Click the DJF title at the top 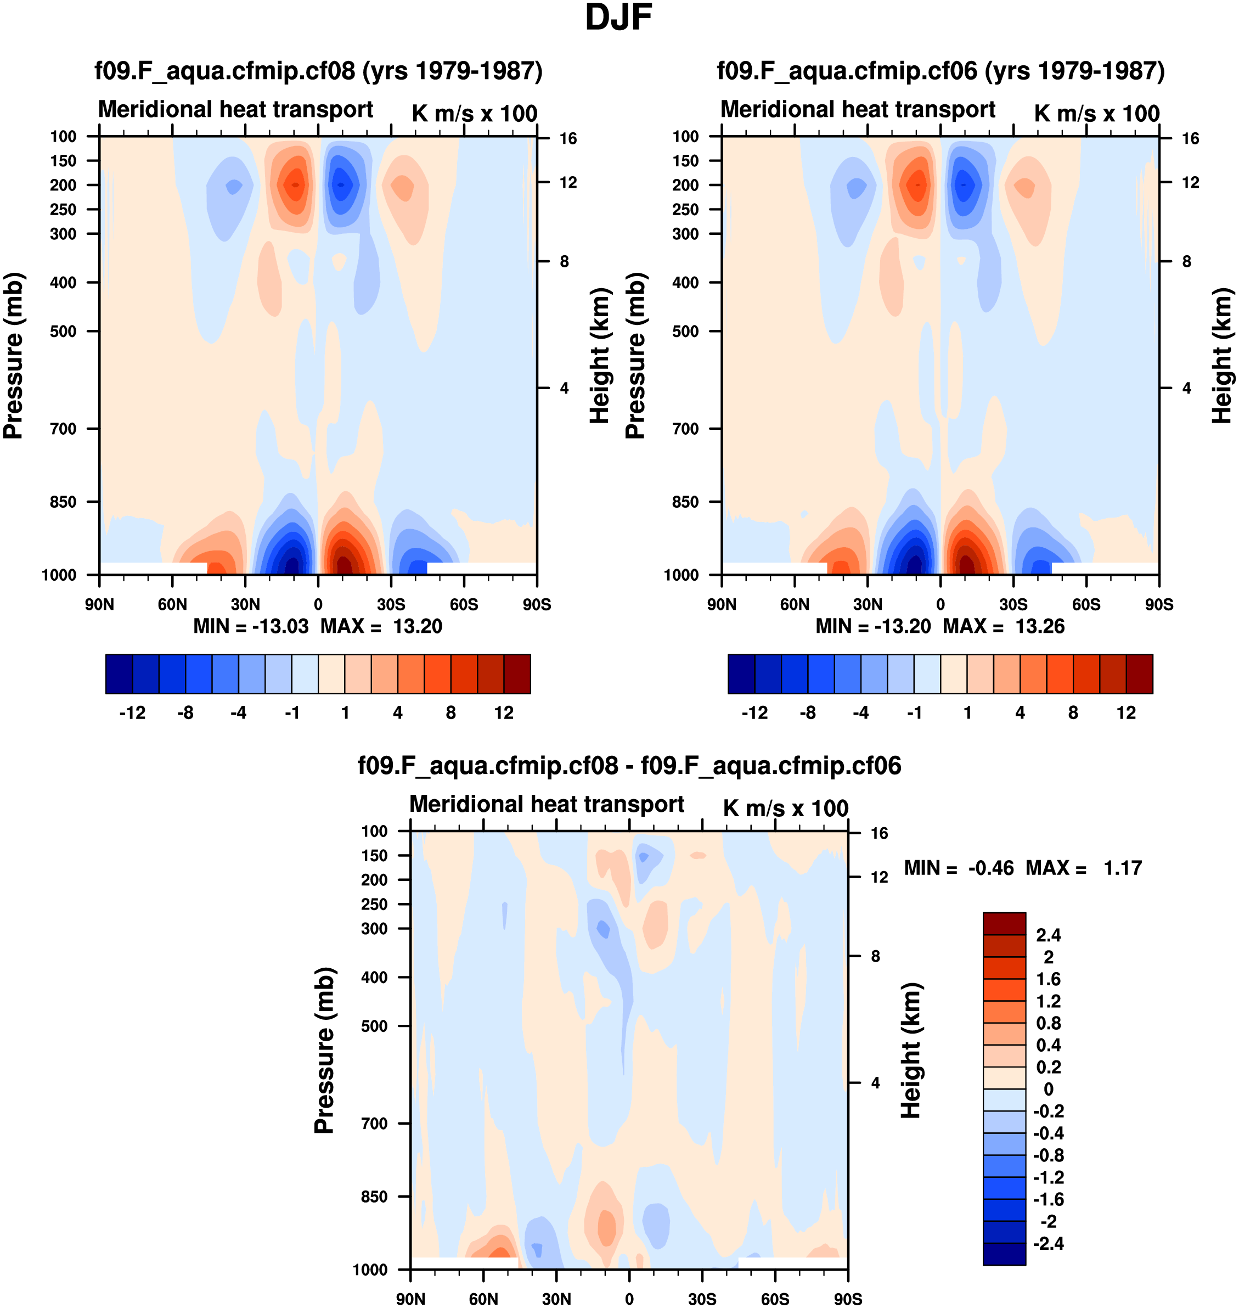coord(618,18)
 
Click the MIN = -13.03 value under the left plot coord(251,626)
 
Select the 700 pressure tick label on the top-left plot coord(64,429)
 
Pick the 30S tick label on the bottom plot coord(701,1299)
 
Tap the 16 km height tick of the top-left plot coord(568,139)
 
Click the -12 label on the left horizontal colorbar coord(132,713)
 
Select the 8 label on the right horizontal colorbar coord(1073,713)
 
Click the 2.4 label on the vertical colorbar coord(1048,935)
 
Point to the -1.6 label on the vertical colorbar coord(1048,1199)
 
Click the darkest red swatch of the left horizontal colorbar coord(517,674)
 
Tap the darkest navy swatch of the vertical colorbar coord(1004,1253)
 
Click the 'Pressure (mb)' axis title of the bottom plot coord(324,1051)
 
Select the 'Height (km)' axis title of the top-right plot coord(1223,356)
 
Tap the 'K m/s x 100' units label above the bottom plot coord(785,808)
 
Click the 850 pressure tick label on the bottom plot coord(374,1197)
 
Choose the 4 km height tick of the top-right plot coord(1187,389)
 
